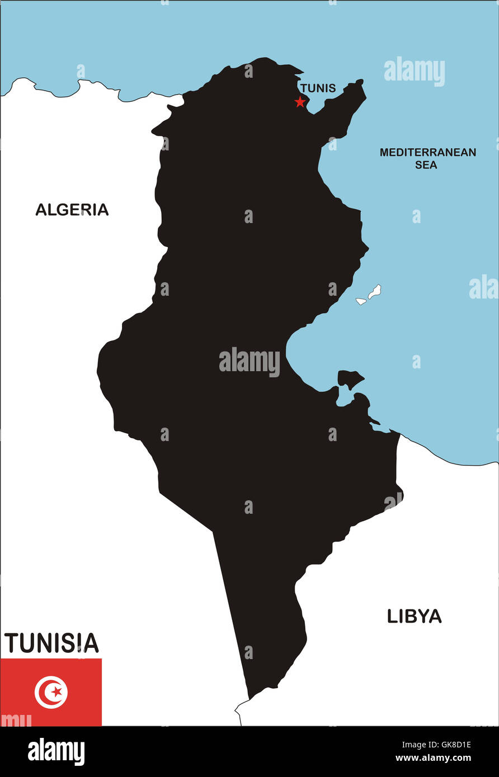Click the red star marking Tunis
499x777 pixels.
point(300,102)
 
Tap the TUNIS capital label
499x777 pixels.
point(318,88)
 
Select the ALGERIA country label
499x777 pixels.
point(72,210)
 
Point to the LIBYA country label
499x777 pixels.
point(414,617)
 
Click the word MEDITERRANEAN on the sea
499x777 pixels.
point(428,152)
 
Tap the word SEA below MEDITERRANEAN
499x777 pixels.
point(426,165)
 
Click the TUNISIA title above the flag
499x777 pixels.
point(51,643)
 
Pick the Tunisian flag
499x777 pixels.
point(51,692)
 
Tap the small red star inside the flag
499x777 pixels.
point(56,692)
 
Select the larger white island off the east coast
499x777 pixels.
point(374,291)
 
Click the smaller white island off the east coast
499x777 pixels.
point(361,301)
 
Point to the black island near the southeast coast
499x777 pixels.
point(349,378)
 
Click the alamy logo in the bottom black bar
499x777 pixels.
point(57,751)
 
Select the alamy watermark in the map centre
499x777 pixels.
point(249,362)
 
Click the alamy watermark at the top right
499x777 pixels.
point(415,72)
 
